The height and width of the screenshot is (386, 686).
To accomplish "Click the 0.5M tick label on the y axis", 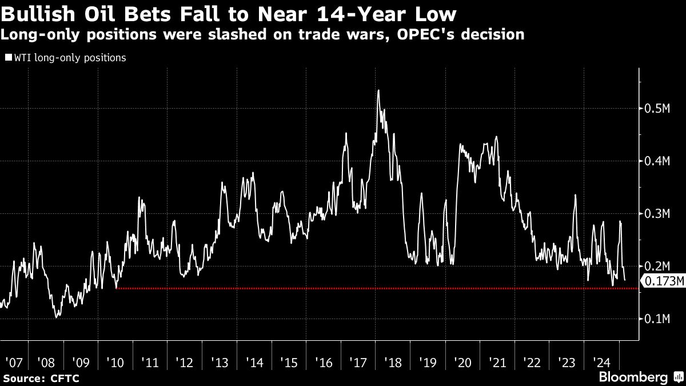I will point(657,109).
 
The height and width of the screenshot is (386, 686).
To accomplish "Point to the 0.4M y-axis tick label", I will point(657,161).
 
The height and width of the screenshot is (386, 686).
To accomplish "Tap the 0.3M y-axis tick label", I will point(657,214).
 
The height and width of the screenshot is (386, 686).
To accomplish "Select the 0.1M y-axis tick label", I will point(657,319).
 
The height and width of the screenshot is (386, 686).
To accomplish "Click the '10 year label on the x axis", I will point(116,362).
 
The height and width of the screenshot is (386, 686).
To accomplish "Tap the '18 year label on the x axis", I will point(393,362).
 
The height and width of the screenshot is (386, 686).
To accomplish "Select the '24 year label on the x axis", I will point(601,362).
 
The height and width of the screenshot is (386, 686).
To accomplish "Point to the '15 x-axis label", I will point(289,362).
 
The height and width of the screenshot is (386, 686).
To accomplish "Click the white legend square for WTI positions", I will point(8,57).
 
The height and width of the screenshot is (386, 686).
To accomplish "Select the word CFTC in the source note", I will point(64,379).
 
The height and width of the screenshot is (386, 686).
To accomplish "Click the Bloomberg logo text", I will point(632,377).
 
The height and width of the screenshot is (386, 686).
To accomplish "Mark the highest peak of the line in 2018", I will point(378,90).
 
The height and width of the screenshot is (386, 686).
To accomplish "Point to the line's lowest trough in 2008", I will point(56,316).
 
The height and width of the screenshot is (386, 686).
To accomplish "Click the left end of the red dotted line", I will point(117,288).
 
